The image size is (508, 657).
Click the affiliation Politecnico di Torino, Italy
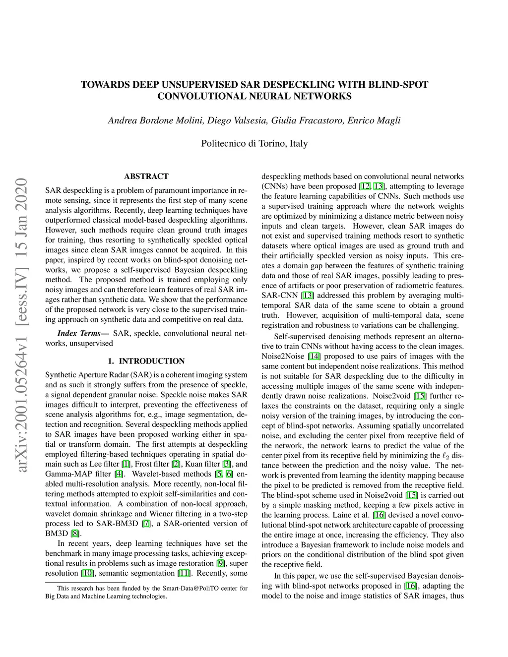pyautogui.click(x=254, y=144)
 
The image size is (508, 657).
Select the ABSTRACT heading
pyautogui.click(x=146, y=177)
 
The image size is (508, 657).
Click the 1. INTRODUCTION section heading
pyautogui.click(x=146, y=361)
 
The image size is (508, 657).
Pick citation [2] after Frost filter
pyautogui.click(x=176, y=464)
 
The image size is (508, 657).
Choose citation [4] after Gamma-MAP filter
pyautogui.click(x=119, y=474)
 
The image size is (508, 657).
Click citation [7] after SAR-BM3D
pyautogui.click(x=146, y=524)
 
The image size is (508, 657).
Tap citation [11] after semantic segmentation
pyautogui.click(x=184, y=573)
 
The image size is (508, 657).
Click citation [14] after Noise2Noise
pyautogui.click(x=314, y=356)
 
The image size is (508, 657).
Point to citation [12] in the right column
pyautogui.click(x=365, y=186)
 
